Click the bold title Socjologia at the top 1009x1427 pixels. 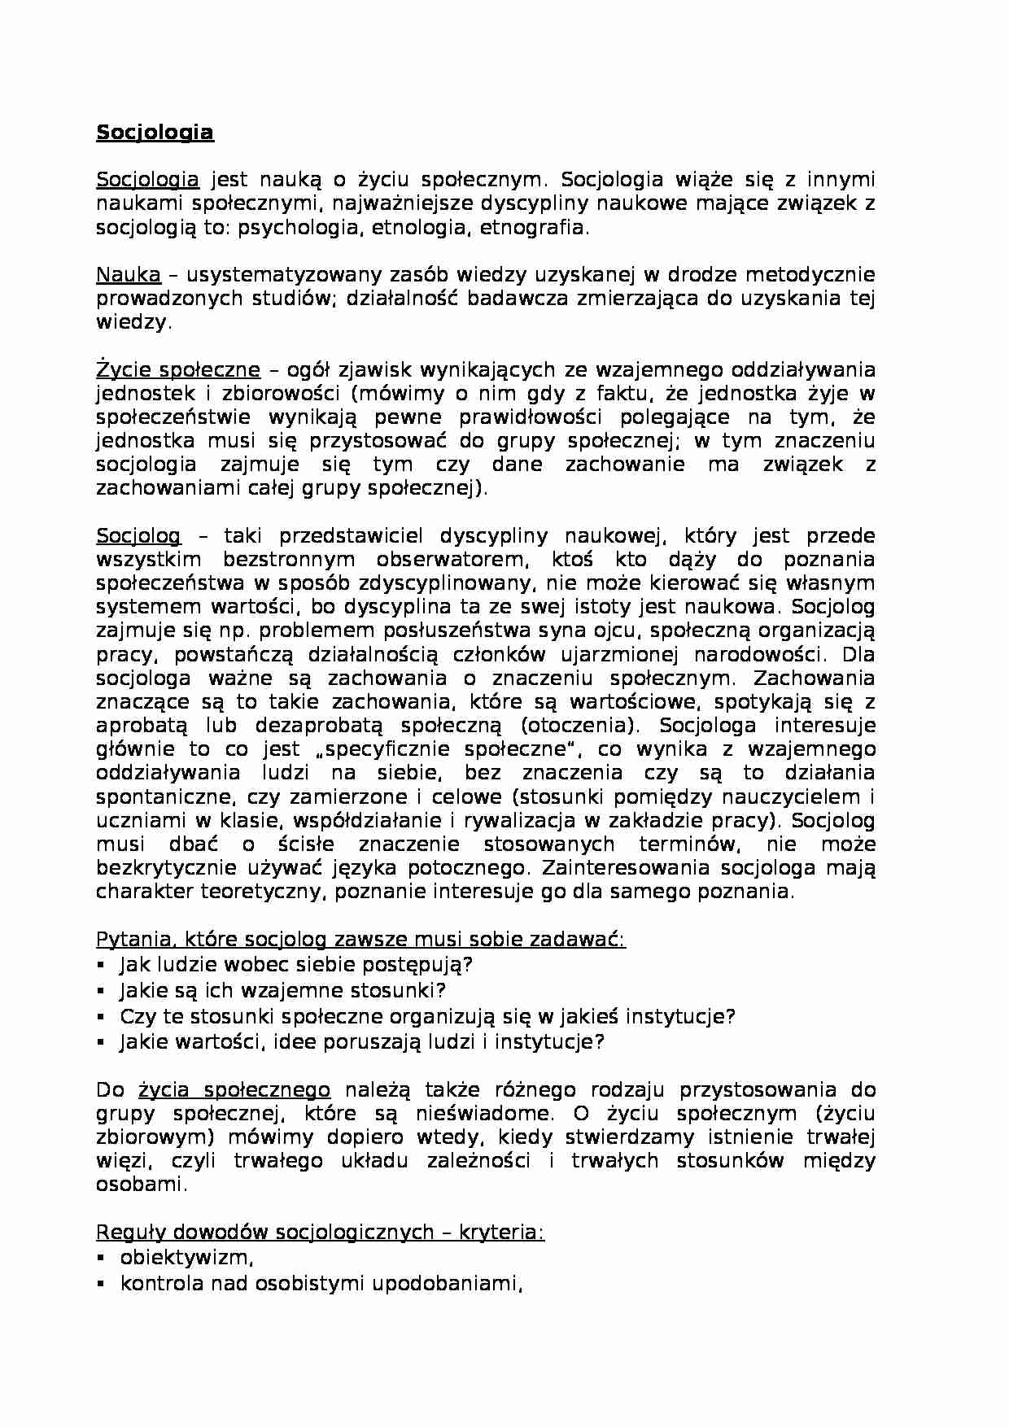click(x=155, y=133)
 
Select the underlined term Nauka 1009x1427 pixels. click(x=129, y=274)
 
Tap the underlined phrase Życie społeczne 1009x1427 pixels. click(x=178, y=370)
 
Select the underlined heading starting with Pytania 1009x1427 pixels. click(x=360, y=940)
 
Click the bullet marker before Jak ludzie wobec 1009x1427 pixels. click(x=101, y=965)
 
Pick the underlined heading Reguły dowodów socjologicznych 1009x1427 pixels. click(x=320, y=1233)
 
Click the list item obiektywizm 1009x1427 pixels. click(x=186, y=1258)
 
